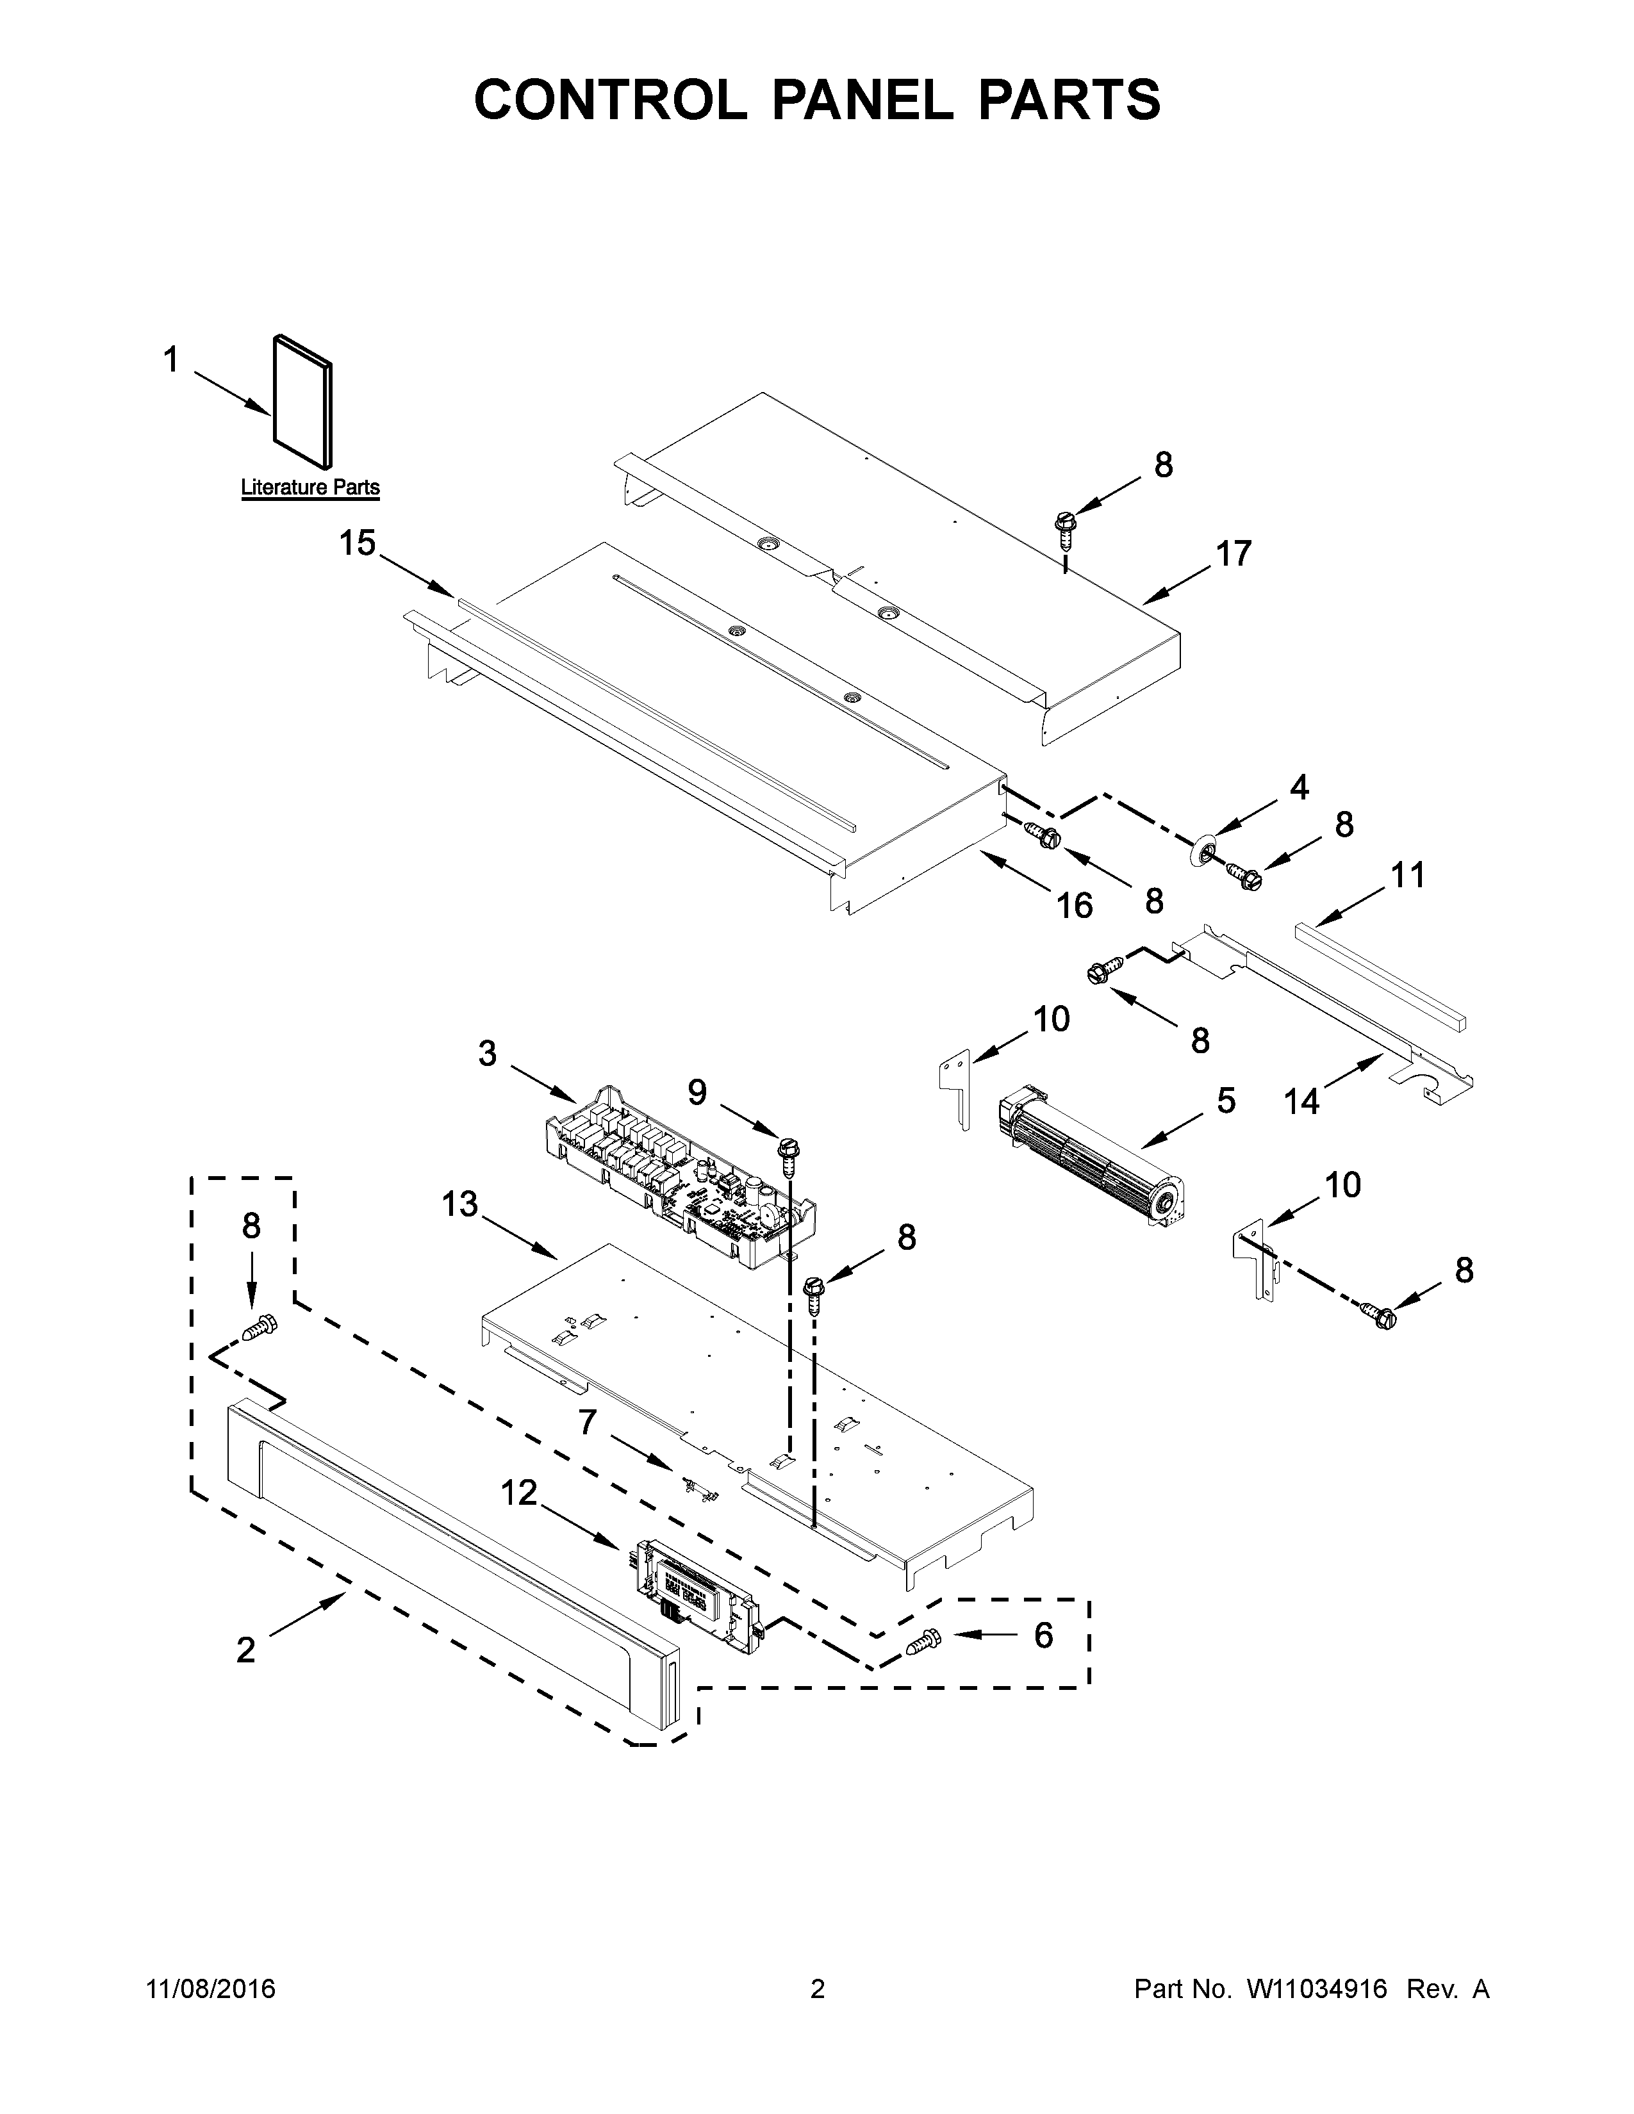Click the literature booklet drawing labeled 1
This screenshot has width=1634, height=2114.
point(304,399)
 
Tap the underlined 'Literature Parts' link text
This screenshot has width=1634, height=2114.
point(309,488)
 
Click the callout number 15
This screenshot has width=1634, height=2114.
point(357,543)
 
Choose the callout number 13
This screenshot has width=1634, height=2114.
point(460,1204)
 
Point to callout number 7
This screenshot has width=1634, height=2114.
point(588,1422)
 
